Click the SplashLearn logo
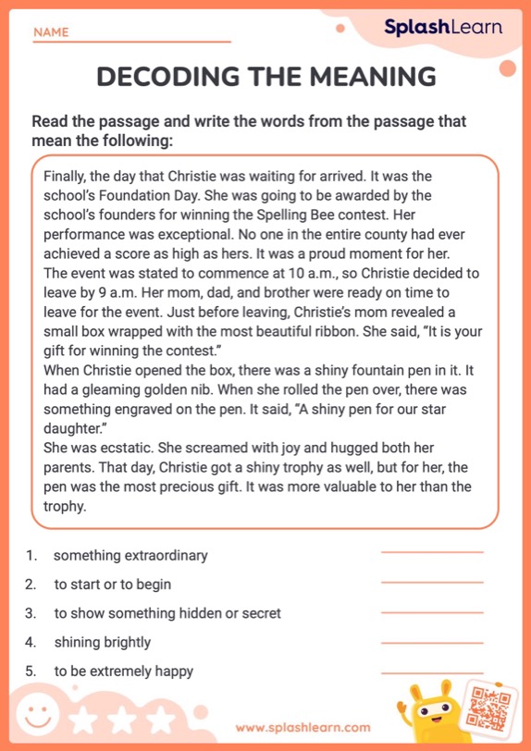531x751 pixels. pos(443,27)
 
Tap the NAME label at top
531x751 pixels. pos(51,32)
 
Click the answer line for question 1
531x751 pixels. pos(432,553)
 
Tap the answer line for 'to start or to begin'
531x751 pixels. pos(432,583)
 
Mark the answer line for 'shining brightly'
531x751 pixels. pos(432,642)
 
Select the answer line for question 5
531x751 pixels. pos(432,671)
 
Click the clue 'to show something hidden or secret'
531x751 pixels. pos(167,613)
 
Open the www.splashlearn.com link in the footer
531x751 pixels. pos(303,728)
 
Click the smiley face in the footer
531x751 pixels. pos(38,718)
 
